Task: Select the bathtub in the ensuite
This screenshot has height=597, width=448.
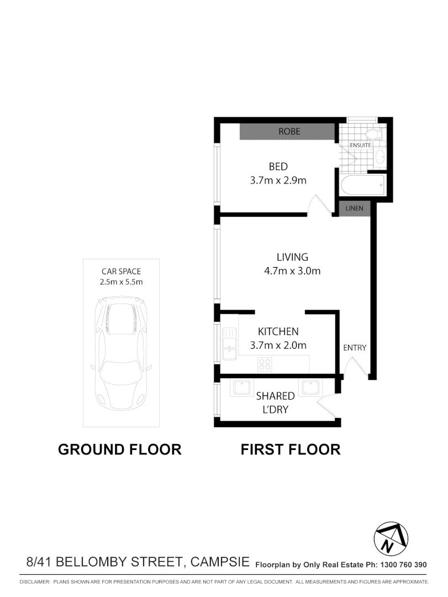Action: pos(362,186)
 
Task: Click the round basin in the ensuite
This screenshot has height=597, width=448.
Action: pos(380,156)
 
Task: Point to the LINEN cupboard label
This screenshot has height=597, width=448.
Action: pos(354,208)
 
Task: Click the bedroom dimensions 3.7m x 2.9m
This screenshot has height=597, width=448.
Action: pos(278,180)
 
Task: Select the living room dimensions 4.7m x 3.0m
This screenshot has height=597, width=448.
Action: pos(292,271)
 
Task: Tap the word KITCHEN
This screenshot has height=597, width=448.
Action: pos(278,332)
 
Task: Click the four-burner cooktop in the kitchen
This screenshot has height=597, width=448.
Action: pos(265,364)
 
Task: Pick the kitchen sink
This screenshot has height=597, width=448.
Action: pos(228,343)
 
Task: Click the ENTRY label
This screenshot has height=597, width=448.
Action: pos(355,348)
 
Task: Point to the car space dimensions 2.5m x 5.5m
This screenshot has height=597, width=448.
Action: pos(122,282)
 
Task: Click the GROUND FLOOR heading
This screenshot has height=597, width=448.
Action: pos(120,449)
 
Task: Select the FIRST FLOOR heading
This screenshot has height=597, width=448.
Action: pos(291,449)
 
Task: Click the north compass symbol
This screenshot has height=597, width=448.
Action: pos(391,538)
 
